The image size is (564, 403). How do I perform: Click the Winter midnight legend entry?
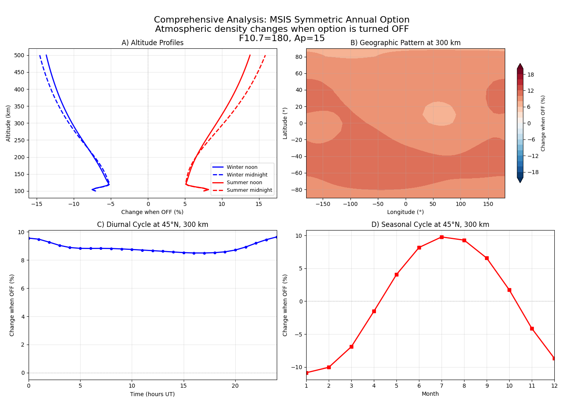[247, 175]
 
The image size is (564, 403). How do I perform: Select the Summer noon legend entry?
[244, 183]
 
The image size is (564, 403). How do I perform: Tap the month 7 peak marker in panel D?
[442, 237]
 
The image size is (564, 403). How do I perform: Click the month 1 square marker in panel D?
[307, 373]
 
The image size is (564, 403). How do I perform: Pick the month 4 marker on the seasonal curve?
[374, 311]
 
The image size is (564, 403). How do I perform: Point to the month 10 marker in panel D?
[509, 290]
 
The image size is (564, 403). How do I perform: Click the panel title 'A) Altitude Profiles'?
[152, 43]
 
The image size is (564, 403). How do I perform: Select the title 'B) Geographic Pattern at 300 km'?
[405, 43]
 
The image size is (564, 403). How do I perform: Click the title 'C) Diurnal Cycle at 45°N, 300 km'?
[152, 224]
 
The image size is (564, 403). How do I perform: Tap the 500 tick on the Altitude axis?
[19, 55]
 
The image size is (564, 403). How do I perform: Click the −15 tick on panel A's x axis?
[37, 204]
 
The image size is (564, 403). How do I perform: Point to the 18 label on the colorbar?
[531, 75]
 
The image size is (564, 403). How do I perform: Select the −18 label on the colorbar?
[533, 172]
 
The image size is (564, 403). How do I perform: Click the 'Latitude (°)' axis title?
[285, 123]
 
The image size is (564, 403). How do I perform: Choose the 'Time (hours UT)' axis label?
[152, 394]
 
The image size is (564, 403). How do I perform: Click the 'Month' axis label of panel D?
[430, 394]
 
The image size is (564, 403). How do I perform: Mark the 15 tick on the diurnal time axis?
[184, 386]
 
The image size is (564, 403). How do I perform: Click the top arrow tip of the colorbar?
[520, 64]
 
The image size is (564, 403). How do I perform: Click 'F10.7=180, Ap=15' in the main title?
[282, 38]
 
